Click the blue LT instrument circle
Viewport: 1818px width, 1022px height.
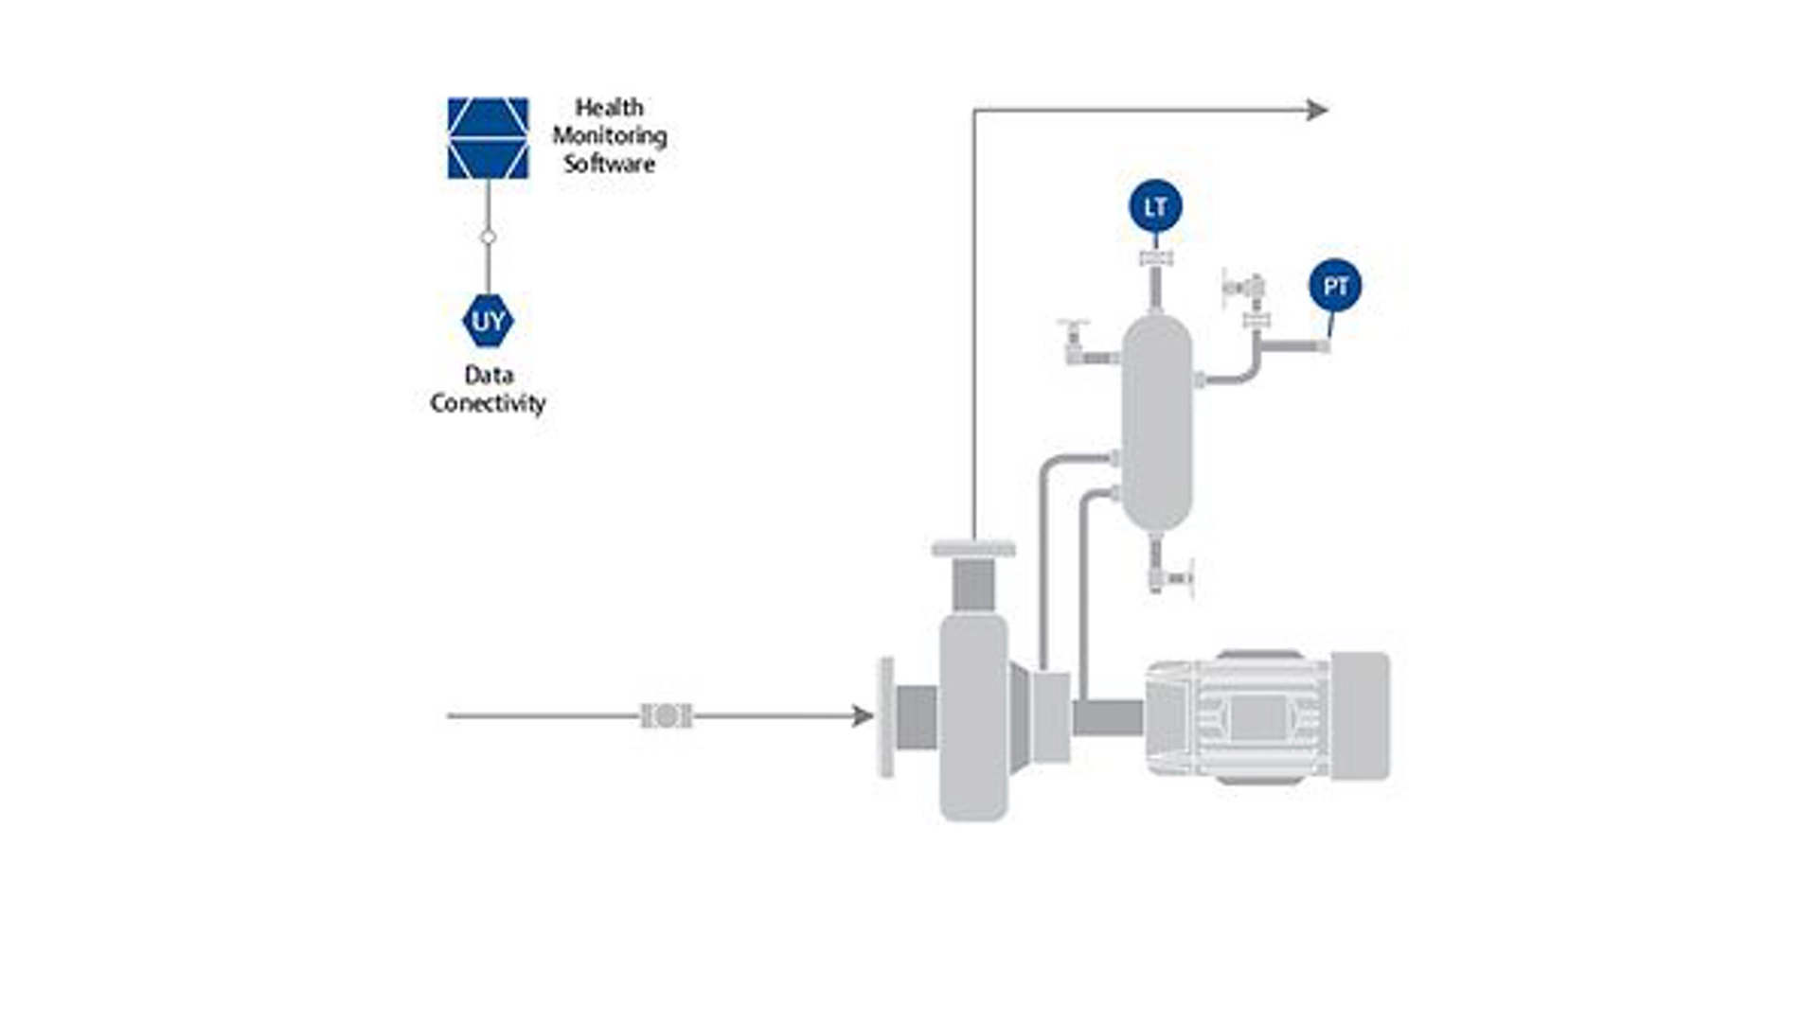pyautogui.click(x=1155, y=206)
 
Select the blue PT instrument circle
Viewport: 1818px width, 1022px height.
pyautogui.click(x=1335, y=286)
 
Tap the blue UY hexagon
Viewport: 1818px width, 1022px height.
pyautogui.click(x=488, y=322)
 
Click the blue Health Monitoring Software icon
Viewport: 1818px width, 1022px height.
pyautogui.click(x=488, y=138)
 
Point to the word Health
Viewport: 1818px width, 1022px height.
pyautogui.click(x=609, y=107)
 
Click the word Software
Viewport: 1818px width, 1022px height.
pyautogui.click(x=609, y=164)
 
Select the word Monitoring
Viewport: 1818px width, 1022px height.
pyautogui.click(x=609, y=135)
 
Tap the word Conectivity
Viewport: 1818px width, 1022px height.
pyautogui.click(x=488, y=403)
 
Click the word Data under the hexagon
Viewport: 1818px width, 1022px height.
pyautogui.click(x=488, y=375)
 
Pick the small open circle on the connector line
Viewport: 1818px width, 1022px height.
pyautogui.click(x=488, y=238)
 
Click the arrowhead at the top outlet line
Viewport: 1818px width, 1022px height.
pyautogui.click(x=1317, y=111)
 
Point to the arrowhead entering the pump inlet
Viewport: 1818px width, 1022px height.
pyautogui.click(x=862, y=716)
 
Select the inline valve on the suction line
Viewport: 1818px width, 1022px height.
pyautogui.click(x=666, y=716)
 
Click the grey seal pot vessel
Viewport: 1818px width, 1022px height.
pyautogui.click(x=1155, y=421)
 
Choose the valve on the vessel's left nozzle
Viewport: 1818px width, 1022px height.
pyautogui.click(x=1074, y=340)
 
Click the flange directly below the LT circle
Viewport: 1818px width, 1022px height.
pyautogui.click(x=1155, y=258)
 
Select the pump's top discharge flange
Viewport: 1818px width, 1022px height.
pyautogui.click(x=972, y=549)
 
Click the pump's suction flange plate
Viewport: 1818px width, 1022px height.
pyautogui.click(x=886, y=717)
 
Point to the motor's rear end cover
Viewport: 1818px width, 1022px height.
pyautogui.click(x=1360, y=716)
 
